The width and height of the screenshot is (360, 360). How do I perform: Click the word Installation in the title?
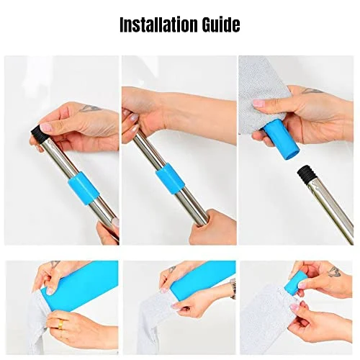[159, 24]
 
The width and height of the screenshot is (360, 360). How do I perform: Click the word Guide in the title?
[221, 24]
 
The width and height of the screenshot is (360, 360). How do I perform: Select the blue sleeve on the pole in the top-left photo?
[84, 188]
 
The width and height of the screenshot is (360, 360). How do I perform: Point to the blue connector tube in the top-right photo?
[281, 140]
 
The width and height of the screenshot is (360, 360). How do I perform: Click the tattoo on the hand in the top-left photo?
[91, 109]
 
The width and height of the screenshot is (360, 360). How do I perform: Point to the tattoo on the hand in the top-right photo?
[312, 91]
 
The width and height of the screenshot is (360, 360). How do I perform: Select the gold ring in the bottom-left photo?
[61, 325]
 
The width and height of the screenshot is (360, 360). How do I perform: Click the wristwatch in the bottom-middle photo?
[233, 289]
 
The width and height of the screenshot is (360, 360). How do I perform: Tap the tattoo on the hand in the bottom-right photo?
[335, 271]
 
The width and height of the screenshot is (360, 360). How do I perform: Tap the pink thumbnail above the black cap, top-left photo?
[46, 127]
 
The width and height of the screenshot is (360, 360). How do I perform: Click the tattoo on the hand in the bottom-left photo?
[55, 264]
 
